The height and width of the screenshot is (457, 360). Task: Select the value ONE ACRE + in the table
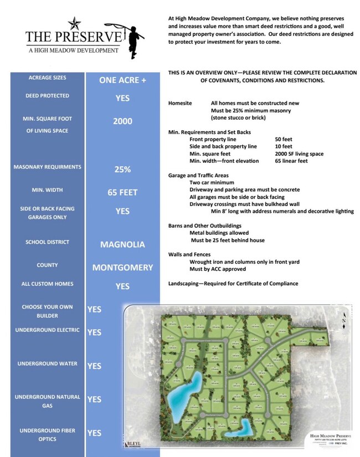click(122, 80)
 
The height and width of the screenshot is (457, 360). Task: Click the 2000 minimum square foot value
click(122, 121)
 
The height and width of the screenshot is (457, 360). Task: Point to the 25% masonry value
click(122, 170)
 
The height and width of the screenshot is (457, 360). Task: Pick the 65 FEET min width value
click(122, 193)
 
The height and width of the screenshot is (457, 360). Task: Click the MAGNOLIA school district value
click(122, 244)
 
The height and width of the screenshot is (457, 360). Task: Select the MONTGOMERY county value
click(122, 268)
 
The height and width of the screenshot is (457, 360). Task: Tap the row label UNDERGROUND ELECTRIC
click(48, 330)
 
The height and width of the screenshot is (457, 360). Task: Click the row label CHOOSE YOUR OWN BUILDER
click(48, 311)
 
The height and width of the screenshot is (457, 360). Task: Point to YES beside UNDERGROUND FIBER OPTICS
click(94, 433)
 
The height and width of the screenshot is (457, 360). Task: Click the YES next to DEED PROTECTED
click(122, 97)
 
